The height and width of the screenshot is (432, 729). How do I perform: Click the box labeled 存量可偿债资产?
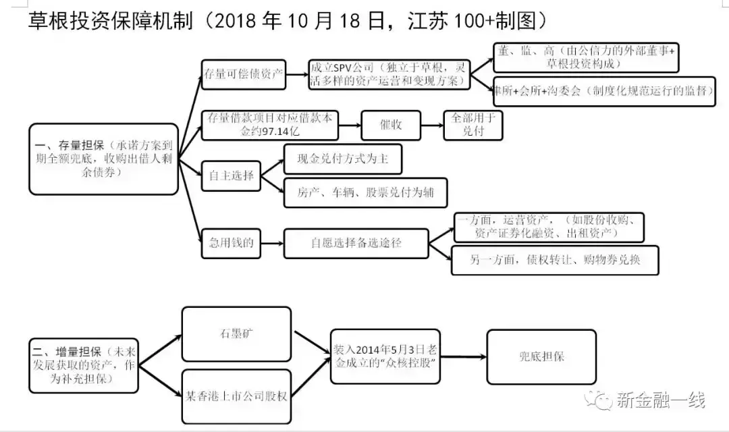tap(244, 74)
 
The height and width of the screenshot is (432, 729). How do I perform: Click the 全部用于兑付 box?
tap(473, 125)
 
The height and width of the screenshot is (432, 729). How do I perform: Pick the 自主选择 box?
tap(231, 175)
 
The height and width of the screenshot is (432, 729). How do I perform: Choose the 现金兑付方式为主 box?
tap(342, 159)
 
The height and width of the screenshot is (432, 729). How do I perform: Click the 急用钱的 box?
tap(231, 243)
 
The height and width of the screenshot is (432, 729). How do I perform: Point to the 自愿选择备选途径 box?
tap(356, 243)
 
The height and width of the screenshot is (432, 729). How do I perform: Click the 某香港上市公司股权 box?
tap(236, 396)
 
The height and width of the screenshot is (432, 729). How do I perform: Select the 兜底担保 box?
tap(541, 356)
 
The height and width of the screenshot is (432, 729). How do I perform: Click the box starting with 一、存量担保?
tap(103, 159)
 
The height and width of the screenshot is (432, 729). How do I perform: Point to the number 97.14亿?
tap(265, 131)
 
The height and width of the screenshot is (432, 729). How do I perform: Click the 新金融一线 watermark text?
tap(661, 400)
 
